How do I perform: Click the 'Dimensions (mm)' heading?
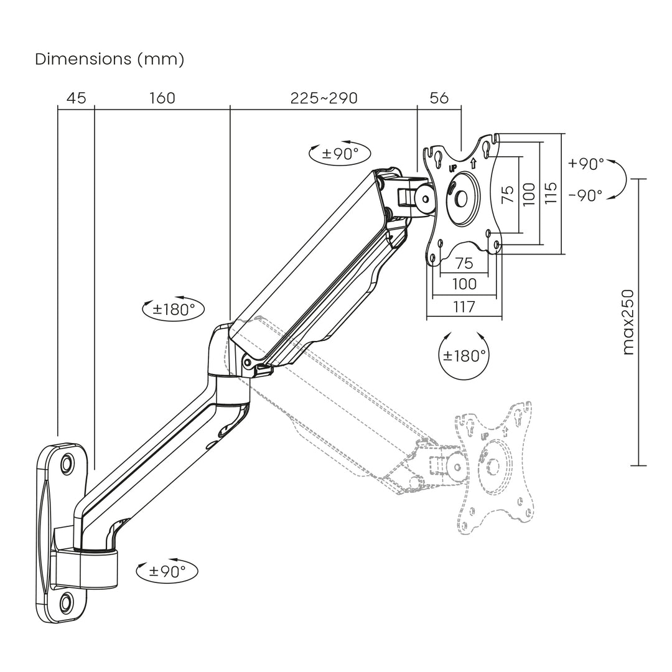110,60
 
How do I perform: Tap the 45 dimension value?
76,98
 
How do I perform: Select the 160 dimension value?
162,98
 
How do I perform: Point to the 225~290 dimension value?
324,98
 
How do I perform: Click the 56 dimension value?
439,98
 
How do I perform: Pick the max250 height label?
628,322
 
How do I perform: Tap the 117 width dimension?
464,307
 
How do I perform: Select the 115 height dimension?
549,194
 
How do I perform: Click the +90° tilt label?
586,164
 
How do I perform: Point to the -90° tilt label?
586,195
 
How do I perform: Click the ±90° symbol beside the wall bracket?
167,571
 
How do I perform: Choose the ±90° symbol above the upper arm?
340,153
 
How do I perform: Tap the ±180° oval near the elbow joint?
174,309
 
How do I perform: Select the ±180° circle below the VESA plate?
464,356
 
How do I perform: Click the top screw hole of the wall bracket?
67,464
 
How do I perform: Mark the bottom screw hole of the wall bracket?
67,601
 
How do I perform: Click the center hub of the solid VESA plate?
461,197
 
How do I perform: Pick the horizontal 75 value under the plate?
464,263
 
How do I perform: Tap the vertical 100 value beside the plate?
528,194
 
